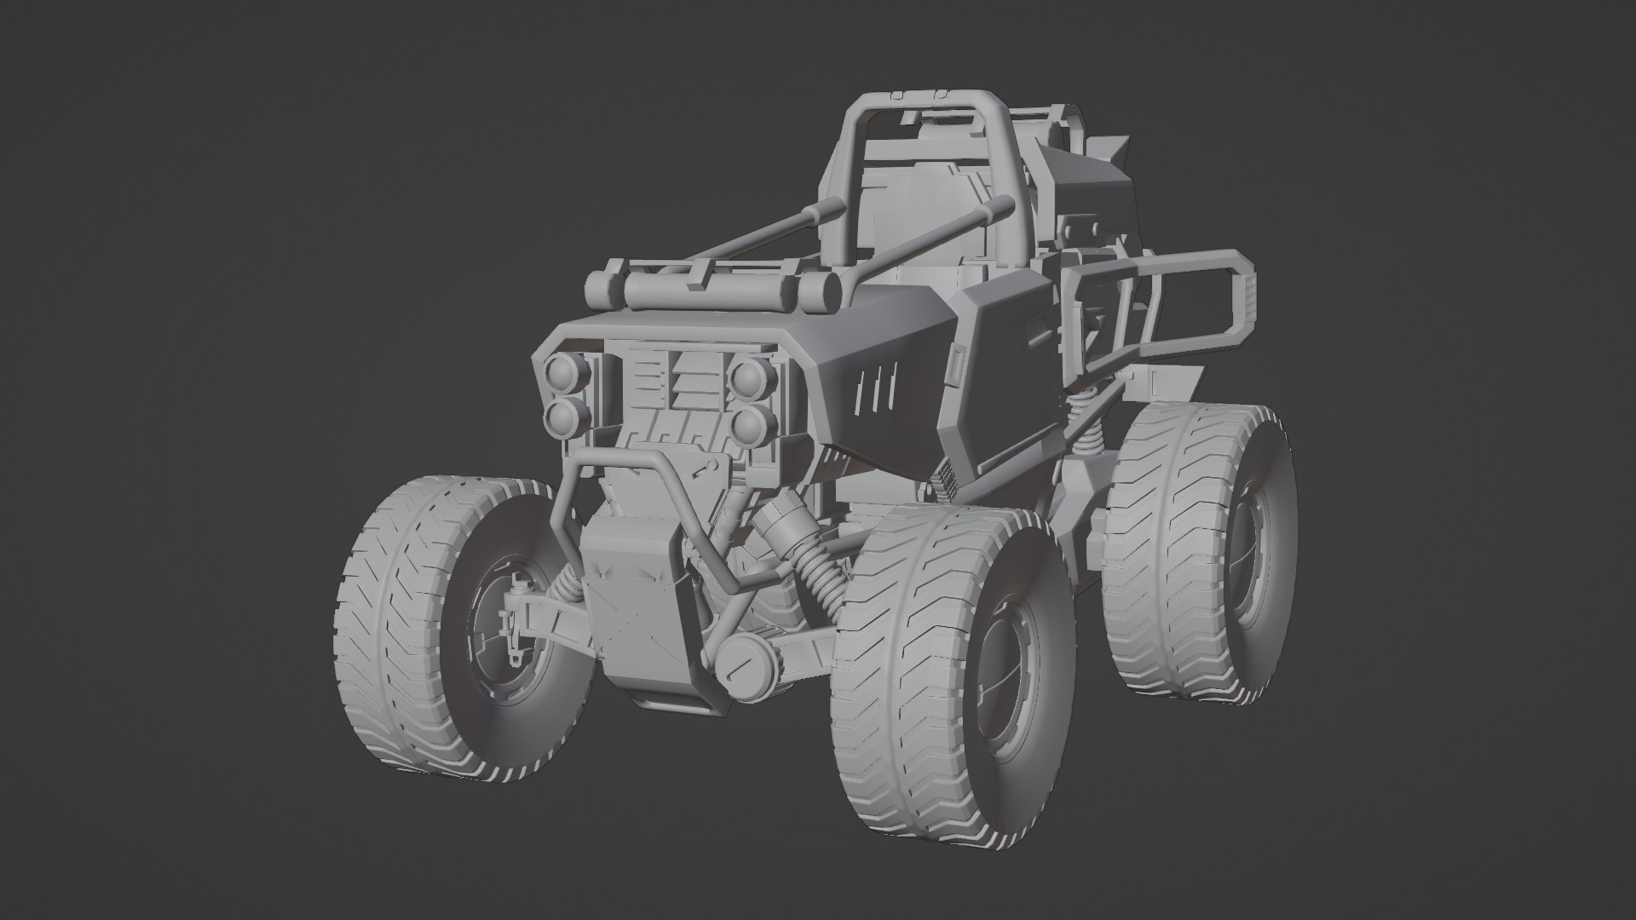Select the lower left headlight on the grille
point(564,417)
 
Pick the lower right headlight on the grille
point(749,424)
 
